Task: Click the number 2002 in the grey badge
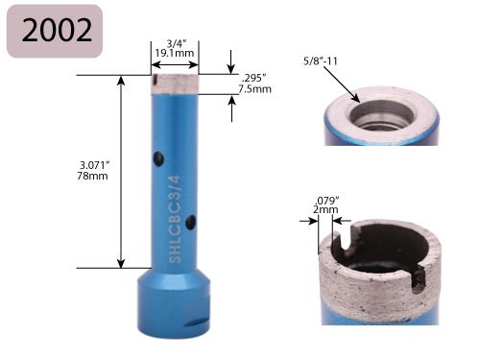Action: click(57, 31)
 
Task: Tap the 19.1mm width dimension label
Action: click(175, 53)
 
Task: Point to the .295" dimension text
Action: click(254, 79)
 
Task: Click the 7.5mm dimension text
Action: click(255, 88)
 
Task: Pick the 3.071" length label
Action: click(95, 165)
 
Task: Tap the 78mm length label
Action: click(92, 176)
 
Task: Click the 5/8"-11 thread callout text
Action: click(321, 60)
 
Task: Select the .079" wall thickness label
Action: click(326, 201)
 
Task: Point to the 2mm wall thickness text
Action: click(325, 209)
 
